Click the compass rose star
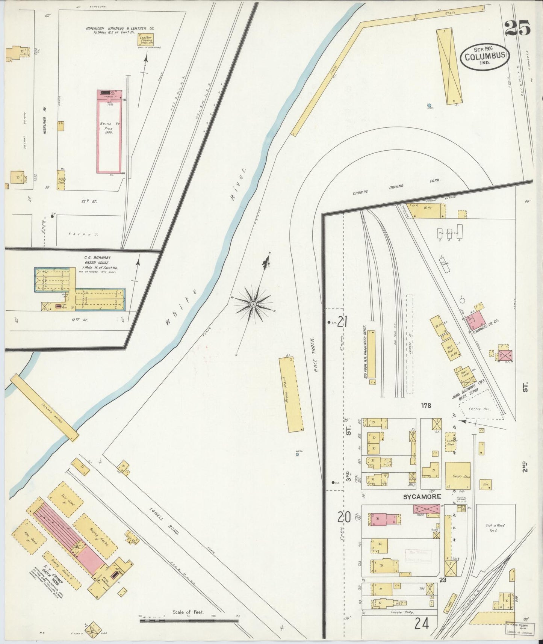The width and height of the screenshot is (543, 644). tap(254, 304)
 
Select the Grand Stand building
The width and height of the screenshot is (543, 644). tap(290, 395)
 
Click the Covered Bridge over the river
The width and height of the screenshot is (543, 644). tap(44, 407)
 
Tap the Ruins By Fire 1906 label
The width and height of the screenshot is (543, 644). tap(109, 128)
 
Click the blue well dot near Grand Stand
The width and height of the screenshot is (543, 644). tap(297, 454)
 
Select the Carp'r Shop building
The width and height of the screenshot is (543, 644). tap(458, 476)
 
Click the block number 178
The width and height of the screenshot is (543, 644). tap(426, 405)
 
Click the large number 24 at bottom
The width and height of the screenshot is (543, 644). tap(422, 624)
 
